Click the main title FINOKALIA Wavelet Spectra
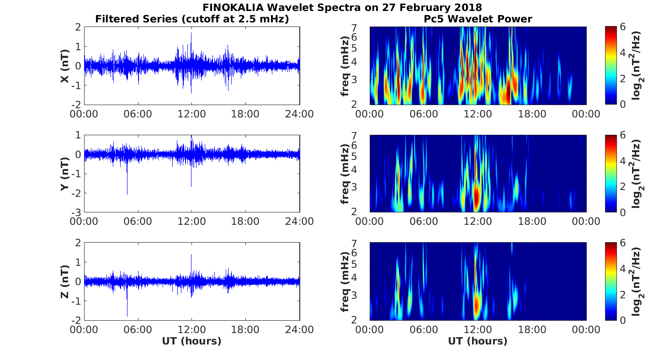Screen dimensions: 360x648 (342, 8)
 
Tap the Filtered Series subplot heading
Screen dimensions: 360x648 (192, 19)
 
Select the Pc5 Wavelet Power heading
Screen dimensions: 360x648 (478, 19)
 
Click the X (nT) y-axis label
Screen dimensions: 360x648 (65, 66)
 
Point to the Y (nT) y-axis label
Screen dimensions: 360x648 (65, 174)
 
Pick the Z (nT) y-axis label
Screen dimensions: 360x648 (65, 281)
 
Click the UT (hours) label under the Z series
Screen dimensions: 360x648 (191, 341)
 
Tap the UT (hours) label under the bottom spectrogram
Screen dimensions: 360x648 (478, 341)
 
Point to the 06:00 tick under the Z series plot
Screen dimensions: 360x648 (138, 329)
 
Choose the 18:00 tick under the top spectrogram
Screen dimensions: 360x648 (532, 114)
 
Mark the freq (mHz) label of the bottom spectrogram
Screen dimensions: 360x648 (345, 281)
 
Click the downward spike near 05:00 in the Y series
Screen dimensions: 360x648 (127, 192)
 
